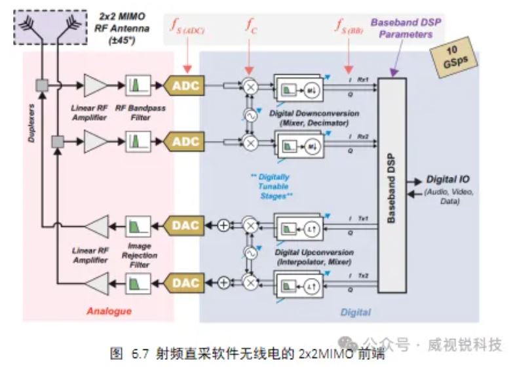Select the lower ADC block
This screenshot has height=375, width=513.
pos(185,141)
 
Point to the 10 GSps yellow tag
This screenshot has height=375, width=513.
pos(453,59)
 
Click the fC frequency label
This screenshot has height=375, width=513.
pos(252,27)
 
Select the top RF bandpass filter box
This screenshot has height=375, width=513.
pos(138,85)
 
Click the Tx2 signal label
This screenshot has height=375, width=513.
pos(364,273)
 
